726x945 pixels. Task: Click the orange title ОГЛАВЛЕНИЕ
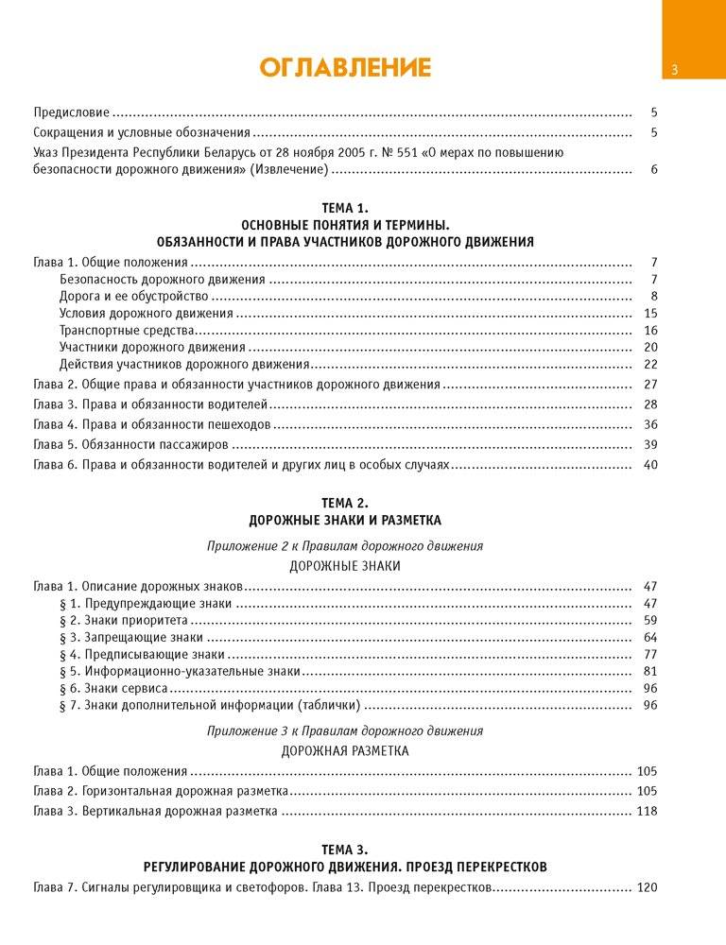345,67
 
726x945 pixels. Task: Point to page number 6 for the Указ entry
653,170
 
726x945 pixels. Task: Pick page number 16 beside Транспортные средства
650,331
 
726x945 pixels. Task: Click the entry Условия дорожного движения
146,314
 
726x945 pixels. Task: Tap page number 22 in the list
650,365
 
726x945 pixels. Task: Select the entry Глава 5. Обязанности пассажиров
131,444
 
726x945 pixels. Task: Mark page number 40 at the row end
650,465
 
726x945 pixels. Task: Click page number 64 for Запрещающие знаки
650,638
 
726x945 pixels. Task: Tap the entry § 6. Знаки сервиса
113,689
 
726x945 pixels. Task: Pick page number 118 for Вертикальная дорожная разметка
648,812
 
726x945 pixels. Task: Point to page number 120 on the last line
648,888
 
